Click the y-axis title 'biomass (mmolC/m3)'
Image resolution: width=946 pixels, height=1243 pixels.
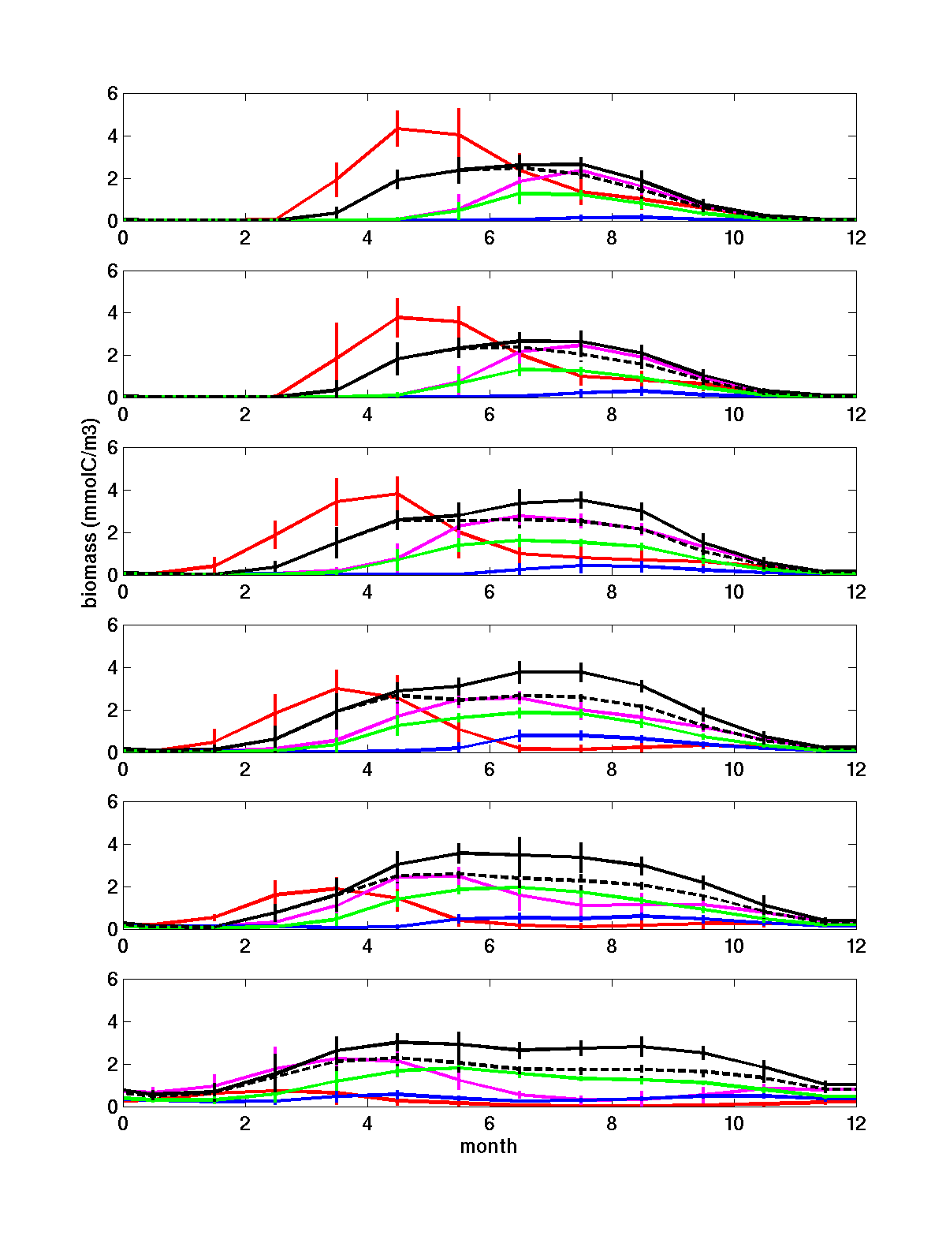(91, 513)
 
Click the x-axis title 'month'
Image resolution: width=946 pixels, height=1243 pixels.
(489, 1146)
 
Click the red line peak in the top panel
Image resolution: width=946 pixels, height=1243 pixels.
(397, 128)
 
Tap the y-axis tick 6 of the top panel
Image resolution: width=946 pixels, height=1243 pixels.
(112, 93)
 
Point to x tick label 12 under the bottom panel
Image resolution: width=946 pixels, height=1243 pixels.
(855, 1123)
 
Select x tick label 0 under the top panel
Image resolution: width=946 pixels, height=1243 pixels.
(123, 237)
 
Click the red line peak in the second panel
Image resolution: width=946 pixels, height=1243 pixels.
(397, 317)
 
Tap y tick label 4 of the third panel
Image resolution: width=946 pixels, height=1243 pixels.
(112, 491)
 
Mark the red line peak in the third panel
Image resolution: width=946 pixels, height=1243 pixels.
(397, 494)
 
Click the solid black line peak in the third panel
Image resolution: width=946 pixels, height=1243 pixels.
(581, 500)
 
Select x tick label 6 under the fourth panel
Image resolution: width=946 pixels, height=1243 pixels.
(490, 769)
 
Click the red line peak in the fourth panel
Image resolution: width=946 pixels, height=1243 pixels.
(337, 689)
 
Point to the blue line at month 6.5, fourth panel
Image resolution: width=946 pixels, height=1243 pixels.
(520, 735)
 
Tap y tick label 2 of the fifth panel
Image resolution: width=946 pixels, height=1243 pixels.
(112, 887)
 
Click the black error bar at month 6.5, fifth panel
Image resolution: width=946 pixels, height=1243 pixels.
(520, 855)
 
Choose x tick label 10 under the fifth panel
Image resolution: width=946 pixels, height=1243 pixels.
(734, 946)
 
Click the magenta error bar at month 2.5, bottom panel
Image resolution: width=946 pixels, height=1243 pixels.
(275, 1069)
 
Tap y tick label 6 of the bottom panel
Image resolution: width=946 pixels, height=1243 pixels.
(112, 980)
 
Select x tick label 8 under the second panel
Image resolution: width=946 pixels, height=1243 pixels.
(612, 414)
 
